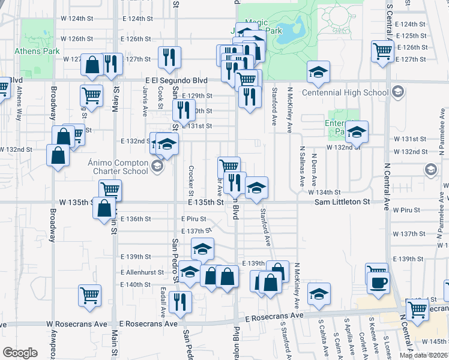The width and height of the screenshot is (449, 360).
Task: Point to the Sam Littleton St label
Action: [342, 203]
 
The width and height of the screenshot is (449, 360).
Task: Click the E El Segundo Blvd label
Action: [176, 80]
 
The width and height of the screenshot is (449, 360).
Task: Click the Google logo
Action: [20, 353]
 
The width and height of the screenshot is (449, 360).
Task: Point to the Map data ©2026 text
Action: [423, 355]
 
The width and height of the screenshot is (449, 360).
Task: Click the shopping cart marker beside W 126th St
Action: [382, 51]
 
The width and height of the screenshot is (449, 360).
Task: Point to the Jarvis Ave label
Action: [145, 101]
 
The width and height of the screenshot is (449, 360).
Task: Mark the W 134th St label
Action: [324, 192]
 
